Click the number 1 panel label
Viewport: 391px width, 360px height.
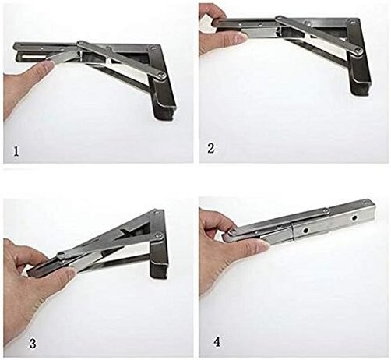coord(16,151)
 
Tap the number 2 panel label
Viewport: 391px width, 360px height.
coord(211,148)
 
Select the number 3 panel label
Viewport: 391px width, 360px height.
coord(33,344)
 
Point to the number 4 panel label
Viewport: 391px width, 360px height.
coord(217,342)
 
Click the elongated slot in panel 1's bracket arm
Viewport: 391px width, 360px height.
coord(28,56)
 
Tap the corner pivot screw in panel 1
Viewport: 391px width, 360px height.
coord(153,48)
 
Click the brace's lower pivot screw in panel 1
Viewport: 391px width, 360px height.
coord(162,76)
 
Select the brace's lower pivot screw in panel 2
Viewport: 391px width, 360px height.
coord(359,51)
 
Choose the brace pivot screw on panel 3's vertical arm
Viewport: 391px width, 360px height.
coord(159,236)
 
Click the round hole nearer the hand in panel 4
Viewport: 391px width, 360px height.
coord(307,230)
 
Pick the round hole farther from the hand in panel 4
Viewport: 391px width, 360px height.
coord(354,218)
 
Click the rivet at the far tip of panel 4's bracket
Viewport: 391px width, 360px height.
coord(366,201)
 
